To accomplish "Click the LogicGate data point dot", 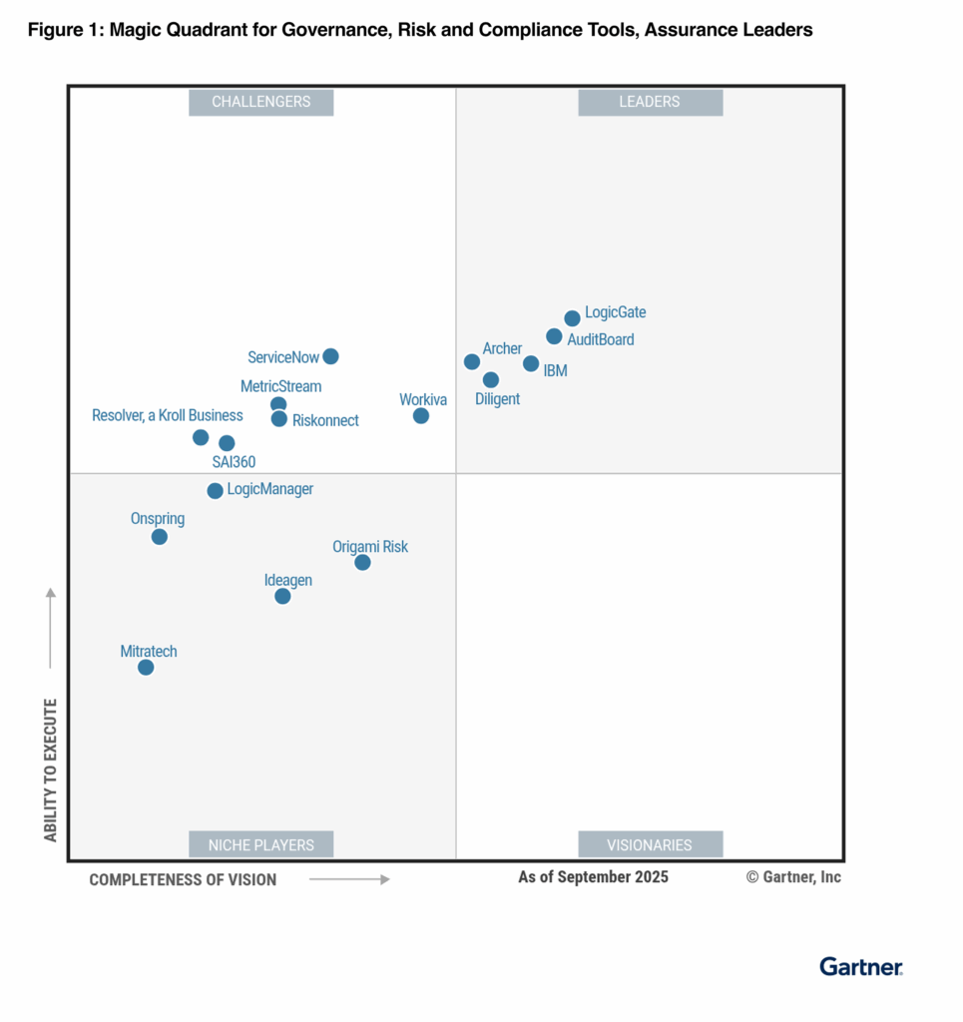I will pos(572,318).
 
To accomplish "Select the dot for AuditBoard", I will pos(554,336).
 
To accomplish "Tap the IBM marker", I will pos(531,363).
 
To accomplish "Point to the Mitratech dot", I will pos(146,667).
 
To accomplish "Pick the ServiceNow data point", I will pos(330,356).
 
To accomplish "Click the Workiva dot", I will pos(421,415).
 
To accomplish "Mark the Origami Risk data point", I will pos(362,563).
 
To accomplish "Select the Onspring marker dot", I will pos(159,537).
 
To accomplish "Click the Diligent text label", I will pos(496,399).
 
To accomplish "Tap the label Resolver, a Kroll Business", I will pos(167,415).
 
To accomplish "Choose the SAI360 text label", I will pos(234,462).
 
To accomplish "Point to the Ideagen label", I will pos(287,580).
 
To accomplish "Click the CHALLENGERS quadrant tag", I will pos(260,102).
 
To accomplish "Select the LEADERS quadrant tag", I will pos(650,102).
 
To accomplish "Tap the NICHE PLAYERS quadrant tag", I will pos(260,844).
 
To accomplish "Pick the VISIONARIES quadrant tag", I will pos(650,844).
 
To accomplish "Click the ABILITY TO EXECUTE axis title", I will pos(51,769).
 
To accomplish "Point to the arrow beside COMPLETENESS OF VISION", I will pos(348,879).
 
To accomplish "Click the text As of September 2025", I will pos(593,877).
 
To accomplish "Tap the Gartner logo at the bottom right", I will pos(861,966).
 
